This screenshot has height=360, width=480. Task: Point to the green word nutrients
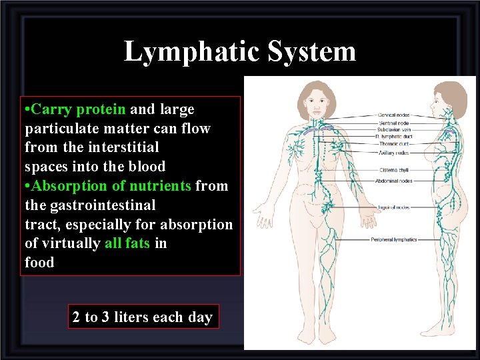(158, 185)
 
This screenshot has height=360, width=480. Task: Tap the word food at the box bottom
(39, 262)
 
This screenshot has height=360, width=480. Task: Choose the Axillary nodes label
(393, 153)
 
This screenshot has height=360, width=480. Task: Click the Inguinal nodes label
(393, 207)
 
